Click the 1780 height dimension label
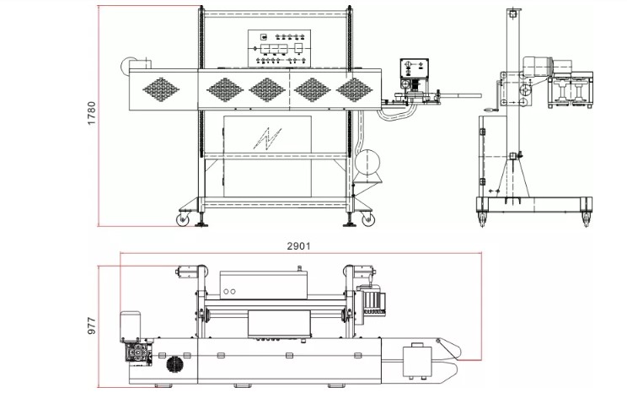92,114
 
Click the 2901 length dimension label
298,245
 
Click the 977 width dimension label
92,326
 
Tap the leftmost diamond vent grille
161,89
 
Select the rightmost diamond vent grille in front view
354,89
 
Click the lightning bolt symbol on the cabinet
267,138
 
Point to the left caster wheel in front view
183,219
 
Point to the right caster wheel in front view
368,219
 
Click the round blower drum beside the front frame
367,162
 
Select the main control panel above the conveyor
279,48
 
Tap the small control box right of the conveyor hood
415,69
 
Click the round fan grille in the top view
174,364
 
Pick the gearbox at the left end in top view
138,352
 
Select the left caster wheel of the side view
482,219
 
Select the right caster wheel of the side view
587,219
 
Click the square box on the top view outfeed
417,362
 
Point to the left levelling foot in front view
201,220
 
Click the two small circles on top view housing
229,291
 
